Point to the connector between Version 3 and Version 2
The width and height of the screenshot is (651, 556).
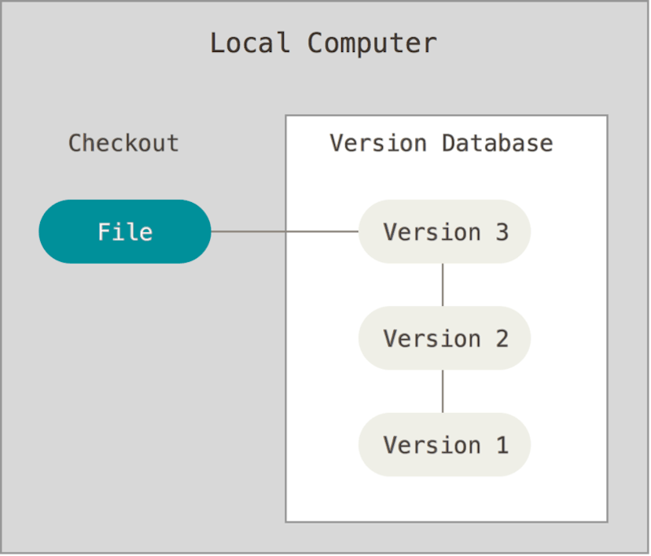coord(443,285)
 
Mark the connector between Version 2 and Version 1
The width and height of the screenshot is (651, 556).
coord(443,391)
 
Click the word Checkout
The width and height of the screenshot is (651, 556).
coord(123,143)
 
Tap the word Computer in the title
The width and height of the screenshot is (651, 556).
coord(372,42)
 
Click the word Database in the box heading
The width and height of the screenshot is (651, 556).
coord(497,143)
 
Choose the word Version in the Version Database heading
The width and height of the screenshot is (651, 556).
coord(378,143)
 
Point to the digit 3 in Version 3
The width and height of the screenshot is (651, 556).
coord(501,232)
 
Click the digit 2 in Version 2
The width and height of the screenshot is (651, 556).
coord(501,339)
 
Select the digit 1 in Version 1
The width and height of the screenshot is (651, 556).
coord(501,445)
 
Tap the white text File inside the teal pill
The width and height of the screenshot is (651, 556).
coord(125,232)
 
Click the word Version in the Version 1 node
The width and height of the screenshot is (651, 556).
coord(432,445)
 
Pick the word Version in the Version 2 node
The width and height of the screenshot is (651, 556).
coord(432,339)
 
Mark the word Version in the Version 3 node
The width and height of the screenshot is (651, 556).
coord(432,232)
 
